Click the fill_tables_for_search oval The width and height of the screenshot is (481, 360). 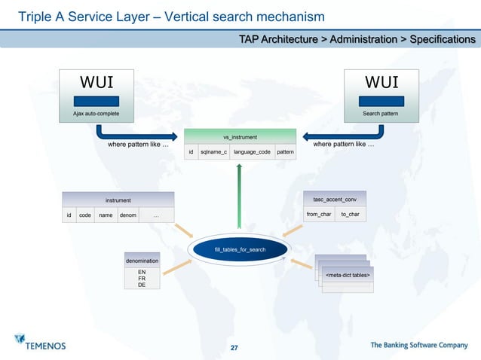pyautogui.click(x=240, y=249)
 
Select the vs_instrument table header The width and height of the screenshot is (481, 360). pyautogui.click(x=240, y=137)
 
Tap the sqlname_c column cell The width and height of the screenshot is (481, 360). pyautogui.click(x=213, y=152)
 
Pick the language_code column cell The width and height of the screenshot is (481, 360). pyautogui.click(x=252, y=152)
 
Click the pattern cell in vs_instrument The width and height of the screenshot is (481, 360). pyautogui.click(x=285, y=152)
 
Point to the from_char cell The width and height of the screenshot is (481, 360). pyautogui.click(x=318, y=215)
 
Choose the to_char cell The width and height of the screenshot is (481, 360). pyautogui.click(x=350, y=215)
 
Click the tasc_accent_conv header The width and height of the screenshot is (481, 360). pyautogui.click(x=334, y=200)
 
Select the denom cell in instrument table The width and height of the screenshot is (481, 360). pyautogui.click(x=127, y=215)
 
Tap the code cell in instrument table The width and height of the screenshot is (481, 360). pyautogui.click(x=85, y=215)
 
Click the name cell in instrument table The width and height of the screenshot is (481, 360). pyautogui.click(x=106, y=215)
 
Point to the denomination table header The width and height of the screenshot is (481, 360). pyautogui.click(x=142, y=260)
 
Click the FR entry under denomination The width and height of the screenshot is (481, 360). pyautogui.click(x=142, y=278)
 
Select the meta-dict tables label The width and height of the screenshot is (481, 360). pyautogui.click(x=347, y=276)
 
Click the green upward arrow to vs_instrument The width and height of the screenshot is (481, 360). pyautogui.click(x=239, y=196)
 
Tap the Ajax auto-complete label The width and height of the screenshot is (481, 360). pyautogui.click(x=96, y=114)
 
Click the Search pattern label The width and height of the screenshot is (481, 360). pyautogui.click(x=380, y=114)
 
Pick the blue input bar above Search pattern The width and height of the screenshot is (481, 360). pyautogui.click(x=380, y=101)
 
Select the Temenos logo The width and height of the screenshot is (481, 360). pyautogui.click(x=41, y=343)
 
